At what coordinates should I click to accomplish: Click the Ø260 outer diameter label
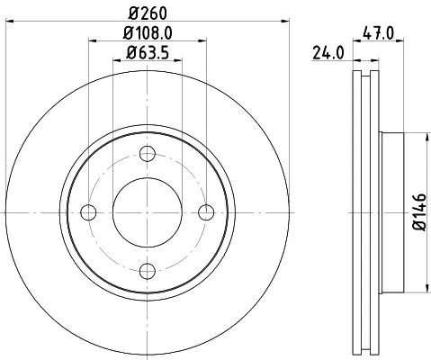[x=148, y=13]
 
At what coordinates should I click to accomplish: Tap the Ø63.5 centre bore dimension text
[x=148, y=53]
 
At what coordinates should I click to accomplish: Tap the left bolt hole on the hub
[x=89, y=212]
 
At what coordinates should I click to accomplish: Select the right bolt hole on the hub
[x=207, y=212]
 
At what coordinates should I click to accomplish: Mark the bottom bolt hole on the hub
[x=148, y=271]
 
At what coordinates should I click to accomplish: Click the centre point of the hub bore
[x=148, y=212]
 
